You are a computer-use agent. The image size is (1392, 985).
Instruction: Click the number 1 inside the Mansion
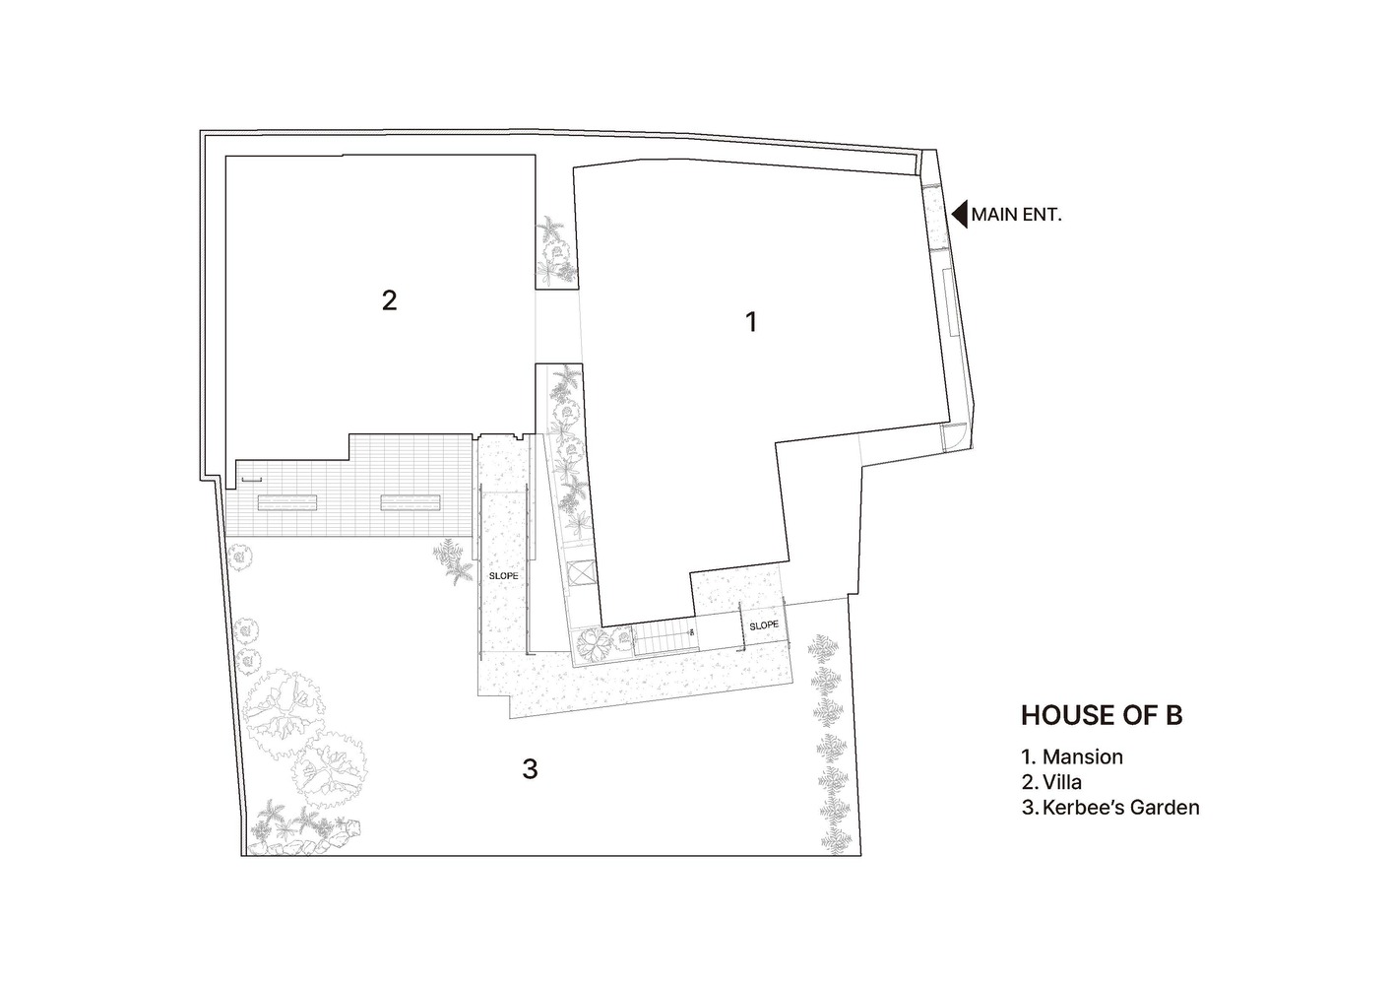click(752, 322)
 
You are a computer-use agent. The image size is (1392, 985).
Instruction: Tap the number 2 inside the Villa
click(389, 300)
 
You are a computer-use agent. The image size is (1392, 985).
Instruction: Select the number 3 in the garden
click(530, 769)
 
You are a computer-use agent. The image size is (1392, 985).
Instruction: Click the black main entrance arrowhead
click(959, 214)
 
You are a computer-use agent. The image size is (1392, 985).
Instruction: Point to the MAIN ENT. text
click(1016, 214)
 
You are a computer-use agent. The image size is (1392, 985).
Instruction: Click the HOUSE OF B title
click(1101, 715)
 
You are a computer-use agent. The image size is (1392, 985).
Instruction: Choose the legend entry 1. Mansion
click(1072, 757)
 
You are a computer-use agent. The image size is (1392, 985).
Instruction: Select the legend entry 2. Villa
click(1051, 782)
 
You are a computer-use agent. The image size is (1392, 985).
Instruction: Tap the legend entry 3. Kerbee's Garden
click(1110, 808)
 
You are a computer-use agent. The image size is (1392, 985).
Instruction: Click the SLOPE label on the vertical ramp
click(503, 576)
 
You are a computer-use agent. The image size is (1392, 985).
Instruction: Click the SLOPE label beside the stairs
click(764, 625)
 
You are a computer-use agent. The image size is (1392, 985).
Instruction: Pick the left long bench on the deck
click(287, 502)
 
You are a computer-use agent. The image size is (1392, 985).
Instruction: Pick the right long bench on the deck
click(411, 502)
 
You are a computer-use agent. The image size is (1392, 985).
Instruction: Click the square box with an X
click(579, 572)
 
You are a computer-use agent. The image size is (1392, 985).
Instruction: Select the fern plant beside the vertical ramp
click(454, 560)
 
